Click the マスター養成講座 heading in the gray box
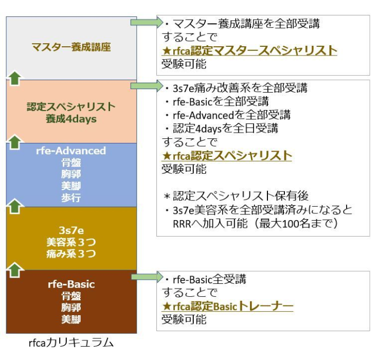71,48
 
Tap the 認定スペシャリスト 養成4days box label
71,112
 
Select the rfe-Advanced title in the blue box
71,151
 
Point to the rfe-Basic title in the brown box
71,284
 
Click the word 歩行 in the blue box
71,197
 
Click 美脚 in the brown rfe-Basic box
71,319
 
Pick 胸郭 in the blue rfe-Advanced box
71,175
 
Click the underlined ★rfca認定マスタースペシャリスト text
249,50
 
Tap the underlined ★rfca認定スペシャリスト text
227,155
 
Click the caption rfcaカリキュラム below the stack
71,342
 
